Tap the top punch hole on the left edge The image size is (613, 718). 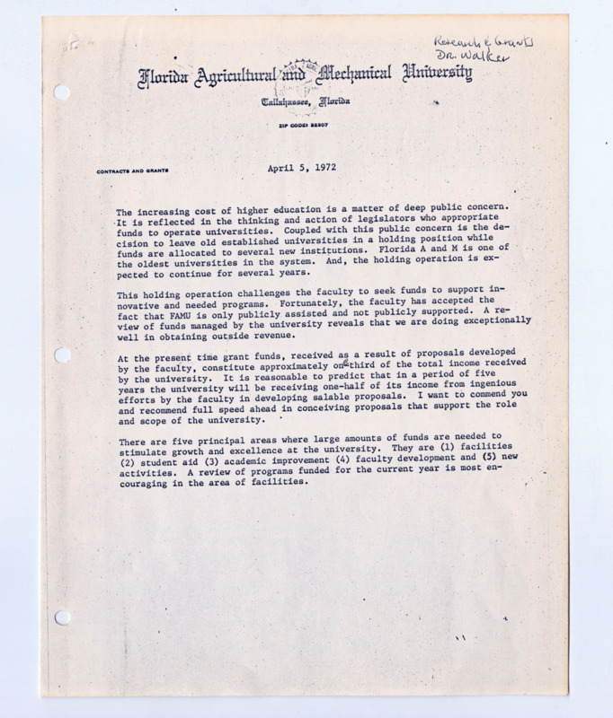click(x=62, y=92)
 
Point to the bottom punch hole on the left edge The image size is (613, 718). click(x=62, y=617)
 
